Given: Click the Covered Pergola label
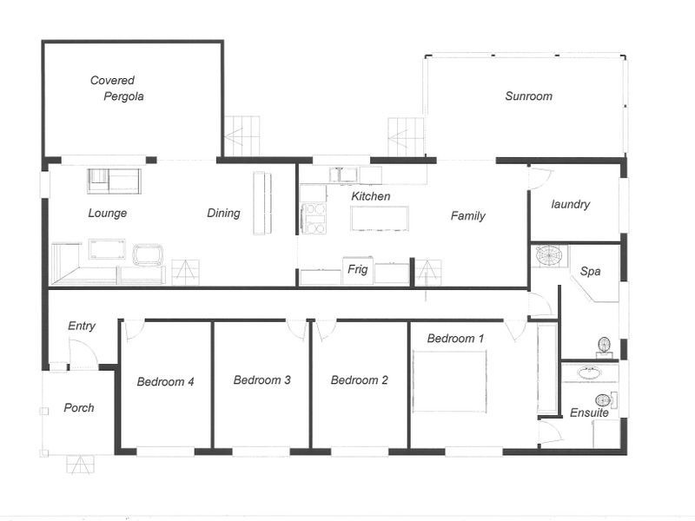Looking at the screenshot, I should [x=116, y=89].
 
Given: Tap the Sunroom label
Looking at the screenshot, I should [x=528, y=96].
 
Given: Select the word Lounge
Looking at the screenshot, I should [x=108, y=213].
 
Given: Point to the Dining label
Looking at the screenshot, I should [x=223, y=213].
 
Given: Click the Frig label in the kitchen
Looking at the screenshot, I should [x=358, y=270].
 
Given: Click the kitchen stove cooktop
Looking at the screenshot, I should [x=314, y=218].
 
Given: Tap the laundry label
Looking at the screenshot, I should [x=571, y=205].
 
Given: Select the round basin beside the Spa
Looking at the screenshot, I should [x=548, y=256].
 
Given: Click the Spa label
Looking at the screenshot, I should [x=591, y=272].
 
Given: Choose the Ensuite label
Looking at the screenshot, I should [x=589, y=412].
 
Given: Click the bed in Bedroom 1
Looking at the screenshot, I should [x=450, y=380].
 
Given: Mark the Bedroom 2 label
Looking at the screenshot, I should [x=359, y=379].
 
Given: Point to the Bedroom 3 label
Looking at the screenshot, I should [x=261, y=379].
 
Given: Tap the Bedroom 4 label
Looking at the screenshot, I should [x=165, y=380].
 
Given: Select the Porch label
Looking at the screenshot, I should [x=79, y=407].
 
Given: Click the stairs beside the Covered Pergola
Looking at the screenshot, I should [x=242, y=136].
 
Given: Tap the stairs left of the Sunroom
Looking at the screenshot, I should [x=406, y=136].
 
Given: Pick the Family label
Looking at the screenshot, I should [x=467, y=216].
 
